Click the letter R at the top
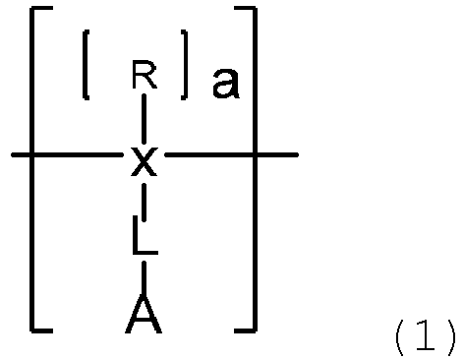(x=145, y=75)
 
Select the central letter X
(x=145, y=161)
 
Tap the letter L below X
(x=145, y=235)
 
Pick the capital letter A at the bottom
(x=144, y=314)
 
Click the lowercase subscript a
(x=225, y=84)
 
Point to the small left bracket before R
(x=86, y=65)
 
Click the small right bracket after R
(x=185, y=65)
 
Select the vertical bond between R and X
(x=144, y=118)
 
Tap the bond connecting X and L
(x=145, y=202)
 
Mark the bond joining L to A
(x=144, y=278)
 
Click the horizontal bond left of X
(x=68, y=154)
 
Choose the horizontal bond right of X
(x=231, y=154)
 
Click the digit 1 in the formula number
(x=425, y=335)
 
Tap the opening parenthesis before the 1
(x=400, y=337)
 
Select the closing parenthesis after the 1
(x=451, y=337)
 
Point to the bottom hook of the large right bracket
(x=246, y=330)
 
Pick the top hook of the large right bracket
(x=246, y=9)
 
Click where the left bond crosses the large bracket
(x=31, y=154)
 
